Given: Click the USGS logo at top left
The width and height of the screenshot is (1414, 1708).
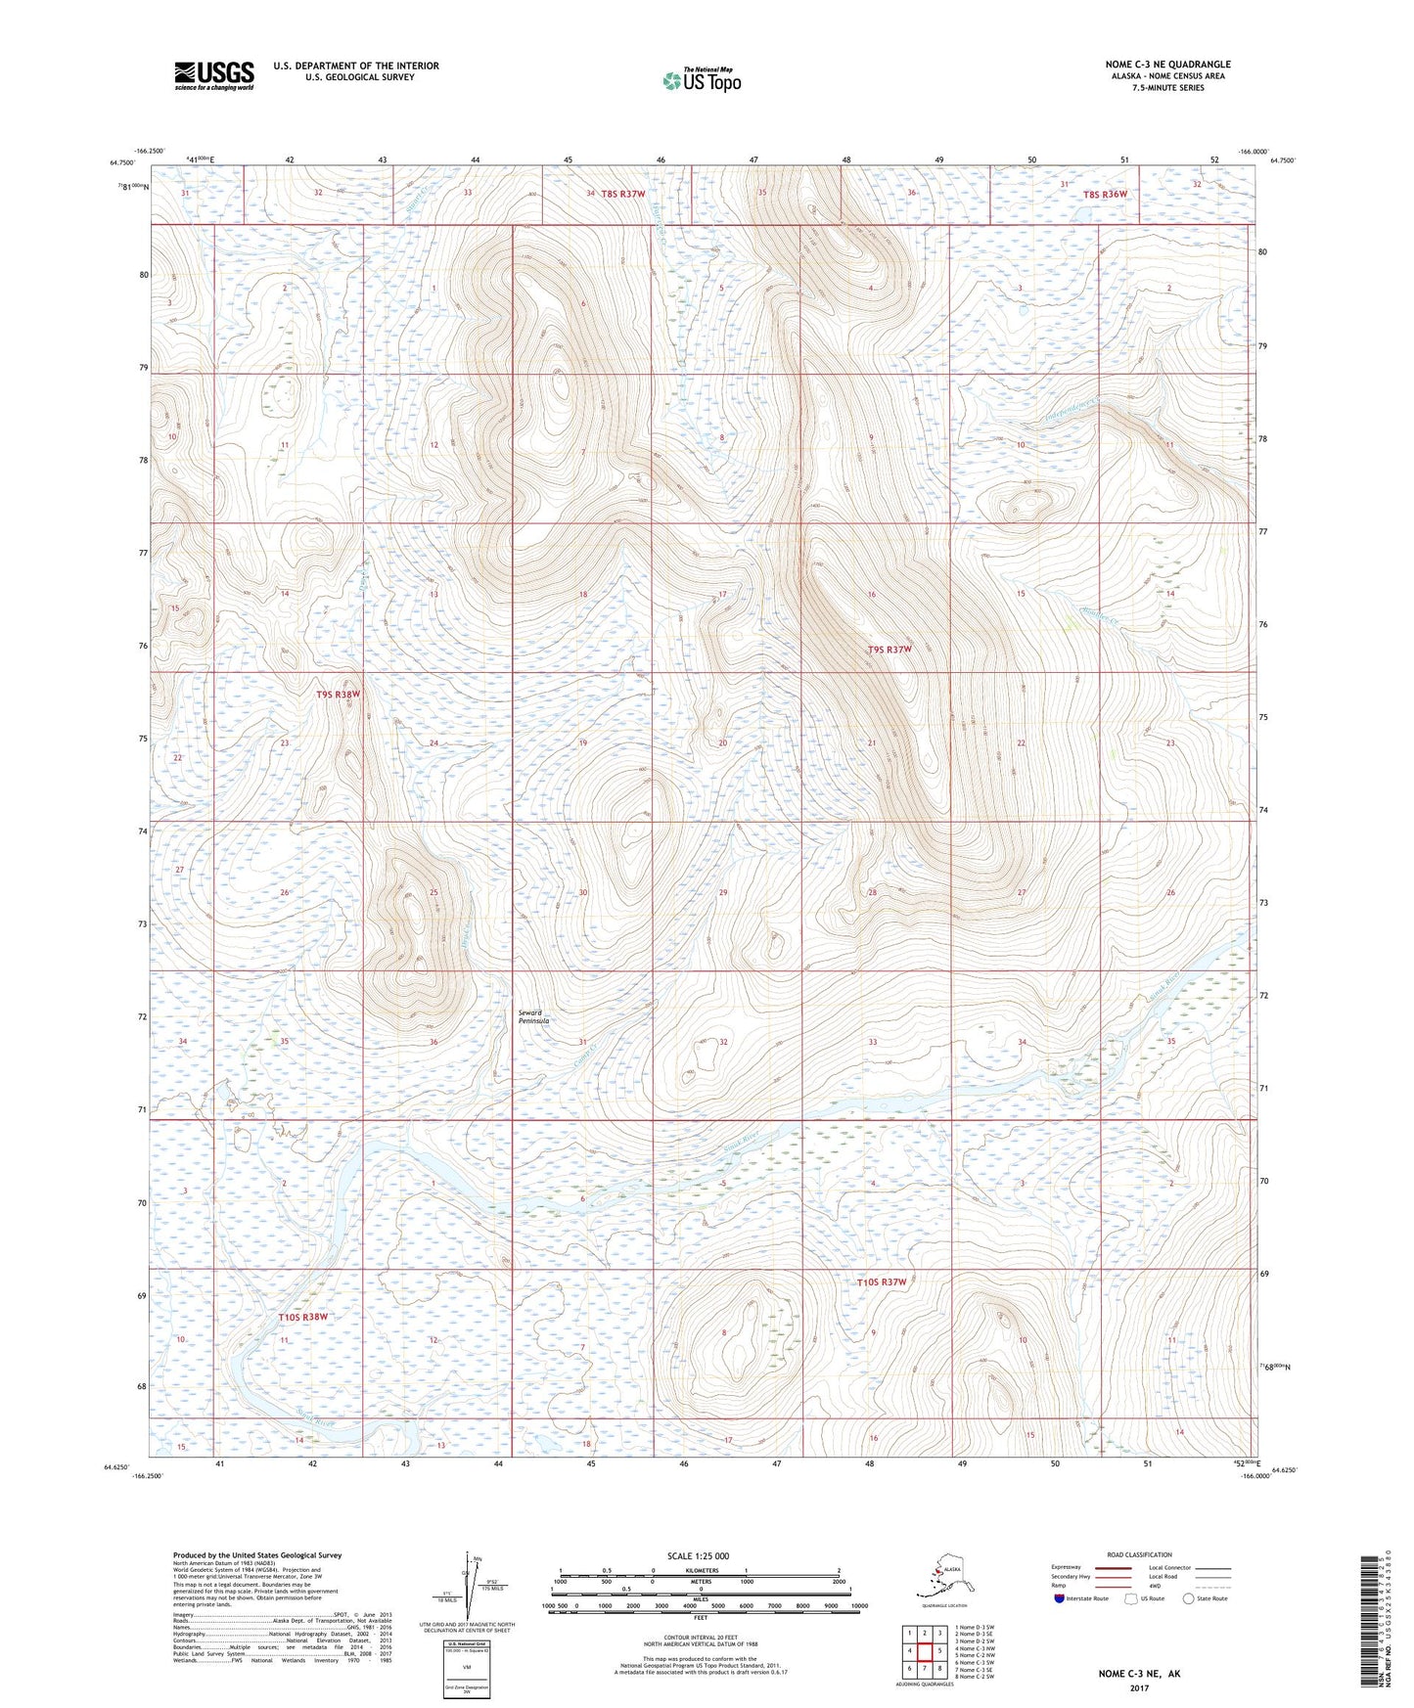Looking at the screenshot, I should coord(213,75).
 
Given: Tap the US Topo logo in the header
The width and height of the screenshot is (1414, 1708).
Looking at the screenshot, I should coord(702,80).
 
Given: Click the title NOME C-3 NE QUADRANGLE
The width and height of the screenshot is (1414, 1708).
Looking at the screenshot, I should coord(1167,64).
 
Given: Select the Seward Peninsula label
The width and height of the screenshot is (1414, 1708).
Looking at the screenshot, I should coord(534,1016).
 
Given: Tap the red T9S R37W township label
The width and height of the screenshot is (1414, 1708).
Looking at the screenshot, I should coord(889,650).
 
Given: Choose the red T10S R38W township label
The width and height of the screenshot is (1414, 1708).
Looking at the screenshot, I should coord(302,1317).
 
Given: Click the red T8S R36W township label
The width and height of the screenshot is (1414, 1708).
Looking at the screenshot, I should coord(1105,195).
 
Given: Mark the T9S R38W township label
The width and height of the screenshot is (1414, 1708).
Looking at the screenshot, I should coord(339,695).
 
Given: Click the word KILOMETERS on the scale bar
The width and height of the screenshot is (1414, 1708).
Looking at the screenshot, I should coord(699,1571).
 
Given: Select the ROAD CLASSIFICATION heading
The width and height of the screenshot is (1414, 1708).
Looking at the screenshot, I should coord(1139,1554).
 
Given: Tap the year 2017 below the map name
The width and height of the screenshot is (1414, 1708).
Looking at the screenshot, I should coord(1138,1688).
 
